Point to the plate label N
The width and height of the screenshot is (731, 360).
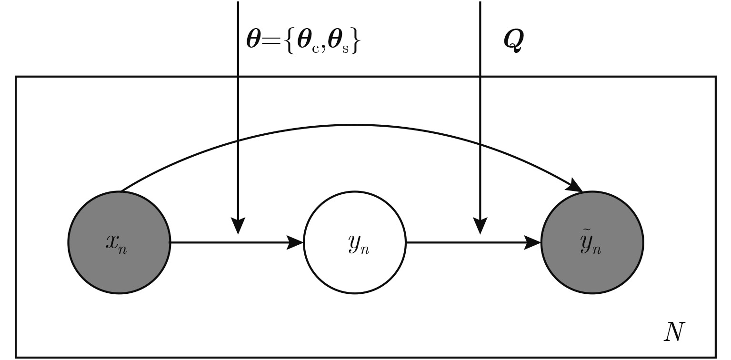[x=674, y=332]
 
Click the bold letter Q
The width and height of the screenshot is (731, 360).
[x=514, y=41]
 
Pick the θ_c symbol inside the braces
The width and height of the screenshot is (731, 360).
[x=307, y=42]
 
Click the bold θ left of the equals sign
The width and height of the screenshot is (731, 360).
[x=253, y=40]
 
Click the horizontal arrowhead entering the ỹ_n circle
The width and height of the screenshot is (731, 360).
[x=533, y=243]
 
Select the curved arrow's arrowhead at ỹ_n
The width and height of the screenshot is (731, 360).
[x=577, y=186]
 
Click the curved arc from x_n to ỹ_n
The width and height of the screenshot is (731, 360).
[x=354, y=125]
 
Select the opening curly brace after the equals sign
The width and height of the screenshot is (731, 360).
[x=290, y=42]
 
